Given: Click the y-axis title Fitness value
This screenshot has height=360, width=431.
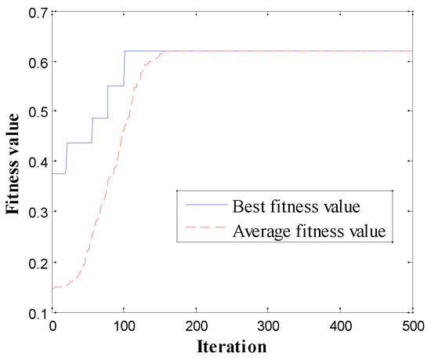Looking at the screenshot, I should [x=13, y=162].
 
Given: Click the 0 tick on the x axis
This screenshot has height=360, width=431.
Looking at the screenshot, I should [x=53, y=325].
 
